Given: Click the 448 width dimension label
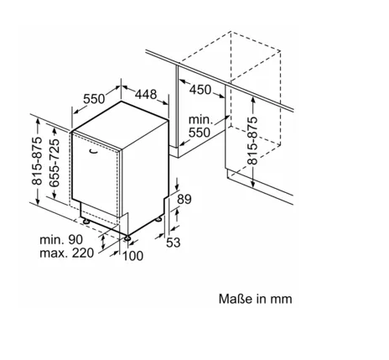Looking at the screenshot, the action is pos(146,94).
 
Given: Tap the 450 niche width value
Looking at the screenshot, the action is pos(200,90).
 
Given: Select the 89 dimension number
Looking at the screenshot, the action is pos(184,199).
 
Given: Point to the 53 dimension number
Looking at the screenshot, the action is pos(174,243).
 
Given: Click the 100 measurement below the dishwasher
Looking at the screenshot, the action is pos(133,256).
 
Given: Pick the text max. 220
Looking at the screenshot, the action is pos(67,253).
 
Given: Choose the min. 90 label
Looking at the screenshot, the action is pos(61,240).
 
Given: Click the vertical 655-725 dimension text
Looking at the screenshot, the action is pos(54,163).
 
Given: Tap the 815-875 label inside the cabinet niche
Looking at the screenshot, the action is pos(252,140).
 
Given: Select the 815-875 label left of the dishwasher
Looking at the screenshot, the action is pos(37,161).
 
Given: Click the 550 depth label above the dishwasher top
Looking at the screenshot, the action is pos(94,99).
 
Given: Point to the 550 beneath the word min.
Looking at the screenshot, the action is pos(200,133).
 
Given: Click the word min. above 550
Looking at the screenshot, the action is pos(201,120).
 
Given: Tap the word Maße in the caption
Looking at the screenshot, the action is pos(236,299).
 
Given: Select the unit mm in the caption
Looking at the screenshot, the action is pos(281,300).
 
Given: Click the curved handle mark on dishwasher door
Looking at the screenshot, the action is pos(94,152).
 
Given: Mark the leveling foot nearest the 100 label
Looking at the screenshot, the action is pos(127,238).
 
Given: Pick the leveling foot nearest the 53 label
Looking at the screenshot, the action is pos(158,219).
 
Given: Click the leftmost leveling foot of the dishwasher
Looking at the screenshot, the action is pos(86,222).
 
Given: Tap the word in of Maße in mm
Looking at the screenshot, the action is pos(261,299).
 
